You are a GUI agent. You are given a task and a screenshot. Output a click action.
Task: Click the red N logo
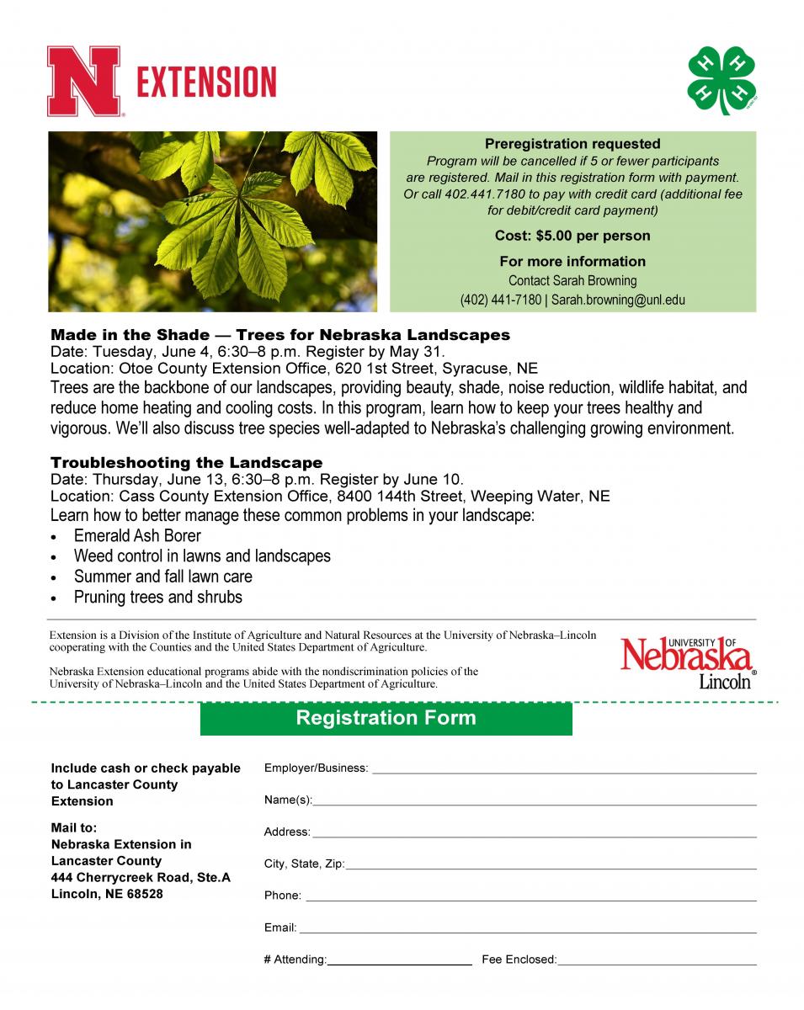pyautogui.click(x=83, y=81)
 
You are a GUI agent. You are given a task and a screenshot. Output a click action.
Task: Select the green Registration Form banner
pyautogui.click(x=386, y=718)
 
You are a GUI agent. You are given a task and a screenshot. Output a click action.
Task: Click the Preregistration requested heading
pyautogui.click(x=572, y=144)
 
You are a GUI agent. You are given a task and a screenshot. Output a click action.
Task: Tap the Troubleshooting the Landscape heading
pyautogui.click(x=186, y=462)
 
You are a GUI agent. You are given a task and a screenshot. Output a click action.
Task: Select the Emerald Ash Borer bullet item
pyautogui.click(x=137, y=535)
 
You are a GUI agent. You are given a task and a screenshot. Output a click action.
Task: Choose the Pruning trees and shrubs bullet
pyautogui.click(x=157, y=597)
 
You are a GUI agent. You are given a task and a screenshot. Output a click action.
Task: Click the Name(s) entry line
pyautogui.click(x=534, y=803)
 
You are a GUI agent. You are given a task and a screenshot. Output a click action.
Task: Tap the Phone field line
pyautogui.click(x=530, y=899)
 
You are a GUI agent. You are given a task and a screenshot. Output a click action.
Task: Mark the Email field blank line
pyautogui.click(x=527, y=931)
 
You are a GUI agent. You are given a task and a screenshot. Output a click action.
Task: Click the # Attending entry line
pyautogui.click(x=399, y=963)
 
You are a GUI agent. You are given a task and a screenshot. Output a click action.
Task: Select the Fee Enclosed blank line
pyautogui.click(x=657, y=963)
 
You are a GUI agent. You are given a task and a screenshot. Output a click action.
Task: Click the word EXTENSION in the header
pyautogui.click(x=206, y=82)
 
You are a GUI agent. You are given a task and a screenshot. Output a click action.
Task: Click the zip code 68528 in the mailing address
pyautogui.click(x=146, y=894)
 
